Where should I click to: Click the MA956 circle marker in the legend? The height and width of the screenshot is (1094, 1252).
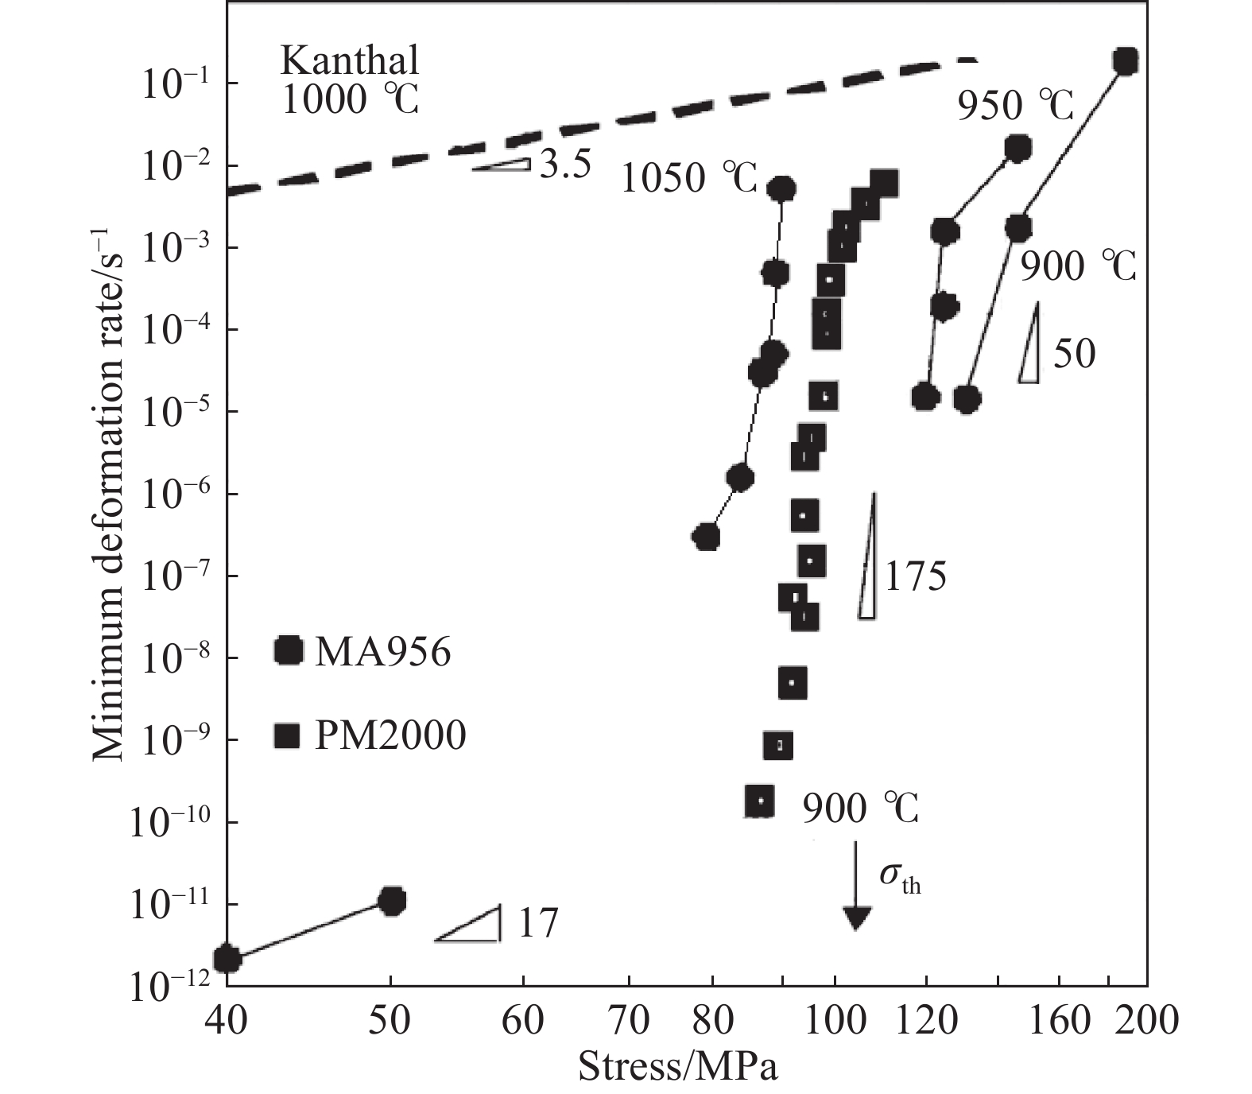[x=288, y=652]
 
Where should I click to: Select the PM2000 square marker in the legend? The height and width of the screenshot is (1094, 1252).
[x=286, y=735]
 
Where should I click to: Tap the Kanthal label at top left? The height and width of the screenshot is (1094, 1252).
[x=350, y=60]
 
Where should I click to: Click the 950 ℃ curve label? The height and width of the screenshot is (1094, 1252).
[x=1014, y=105]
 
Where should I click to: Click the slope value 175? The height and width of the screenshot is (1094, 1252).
[x=915, y=576]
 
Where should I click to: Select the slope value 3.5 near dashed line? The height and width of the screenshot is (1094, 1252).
[x=564, y=165]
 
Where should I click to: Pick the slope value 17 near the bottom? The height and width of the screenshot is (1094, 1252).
[x=538, y=924]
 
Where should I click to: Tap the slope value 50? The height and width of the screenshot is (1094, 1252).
[x=1074, y=353]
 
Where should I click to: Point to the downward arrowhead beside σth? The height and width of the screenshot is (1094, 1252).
[x=855, y=918]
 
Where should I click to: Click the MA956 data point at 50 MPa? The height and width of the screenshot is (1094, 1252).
[x=392, y=901]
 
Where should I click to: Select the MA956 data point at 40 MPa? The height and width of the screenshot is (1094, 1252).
[x=227, y=959]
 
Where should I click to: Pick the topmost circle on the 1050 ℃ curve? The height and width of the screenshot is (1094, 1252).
[x=782, y=188]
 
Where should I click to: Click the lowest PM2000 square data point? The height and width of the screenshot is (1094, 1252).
[x=760, y=801]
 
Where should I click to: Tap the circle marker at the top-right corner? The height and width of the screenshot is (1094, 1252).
[x=1125, y=61]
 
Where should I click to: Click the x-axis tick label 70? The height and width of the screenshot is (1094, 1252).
[x=629, y=1020]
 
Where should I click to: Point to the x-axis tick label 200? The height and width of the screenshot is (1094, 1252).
[x=1145, y=1020]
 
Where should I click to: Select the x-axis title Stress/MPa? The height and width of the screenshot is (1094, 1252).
[x=677, y=1067]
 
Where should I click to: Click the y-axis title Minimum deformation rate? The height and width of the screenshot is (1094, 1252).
[x=109, y=493]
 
